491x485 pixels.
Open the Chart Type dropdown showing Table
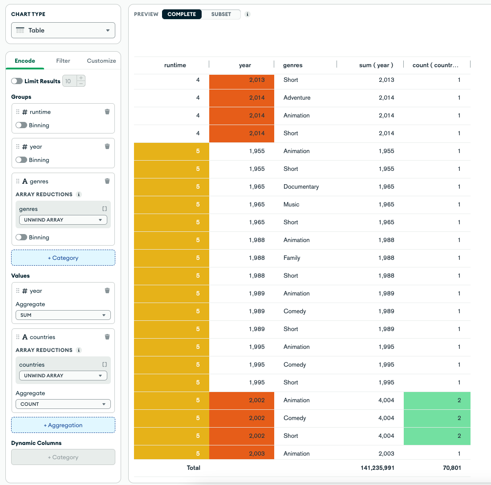(63, 30)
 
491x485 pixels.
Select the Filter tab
(63, 61)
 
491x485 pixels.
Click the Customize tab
(101, 61)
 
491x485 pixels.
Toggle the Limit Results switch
(17, 81)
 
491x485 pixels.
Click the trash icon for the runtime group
(107, 112)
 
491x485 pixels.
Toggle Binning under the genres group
(21, 238)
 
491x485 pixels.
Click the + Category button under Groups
(63, 258)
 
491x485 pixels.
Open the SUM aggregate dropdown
(63, 315)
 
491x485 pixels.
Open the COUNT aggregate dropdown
(63, 404)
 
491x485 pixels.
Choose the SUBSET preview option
(221, 14)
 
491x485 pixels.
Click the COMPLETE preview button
(182, 14)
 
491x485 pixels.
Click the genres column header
(292, 65)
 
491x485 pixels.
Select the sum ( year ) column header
(376, 65)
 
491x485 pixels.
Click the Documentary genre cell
(301, 187)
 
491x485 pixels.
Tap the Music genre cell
(292, 205)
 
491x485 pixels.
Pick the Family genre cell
(292, 258)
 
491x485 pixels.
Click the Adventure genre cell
(297, 98)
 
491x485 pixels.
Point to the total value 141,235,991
(377, 468)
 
